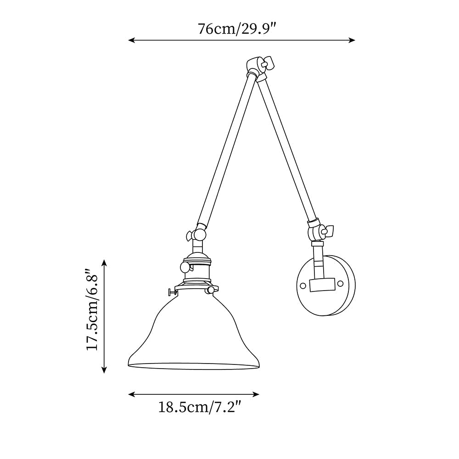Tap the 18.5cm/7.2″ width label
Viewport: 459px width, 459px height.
(x=200, y=407)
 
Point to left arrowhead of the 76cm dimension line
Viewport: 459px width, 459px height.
(x=131, y=40)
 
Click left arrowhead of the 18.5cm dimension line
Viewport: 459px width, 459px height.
(x=131, y=394)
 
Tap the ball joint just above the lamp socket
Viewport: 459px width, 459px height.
(x=199, y=235)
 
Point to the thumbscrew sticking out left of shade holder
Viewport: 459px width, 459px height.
(x=172, y=291)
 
